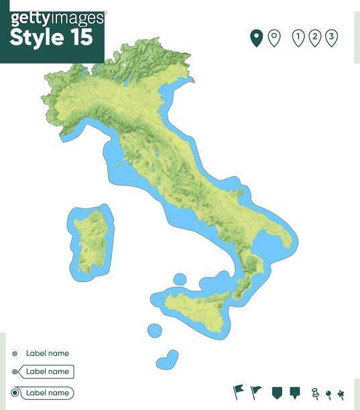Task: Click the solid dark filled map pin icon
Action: (255, 38)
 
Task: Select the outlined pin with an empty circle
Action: (274, 38)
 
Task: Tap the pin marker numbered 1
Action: (298, 38)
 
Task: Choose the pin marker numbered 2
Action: (315, 38)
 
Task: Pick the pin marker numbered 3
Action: (331, 38)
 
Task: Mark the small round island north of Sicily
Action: (180, 279)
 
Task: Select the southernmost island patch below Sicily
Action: (168, 360)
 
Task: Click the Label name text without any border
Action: (47, 353)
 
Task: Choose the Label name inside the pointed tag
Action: (47, 371)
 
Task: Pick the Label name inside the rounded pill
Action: (47, 393)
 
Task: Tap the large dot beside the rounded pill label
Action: (15, 393)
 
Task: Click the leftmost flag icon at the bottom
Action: (238, 391)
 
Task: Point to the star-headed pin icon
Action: (341, 393)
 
